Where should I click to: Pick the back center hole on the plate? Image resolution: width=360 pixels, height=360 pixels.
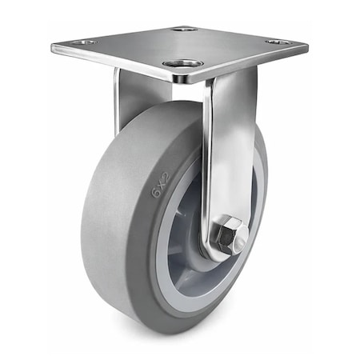point(184,28)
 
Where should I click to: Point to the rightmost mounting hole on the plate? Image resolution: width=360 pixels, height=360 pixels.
point(278,41)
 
